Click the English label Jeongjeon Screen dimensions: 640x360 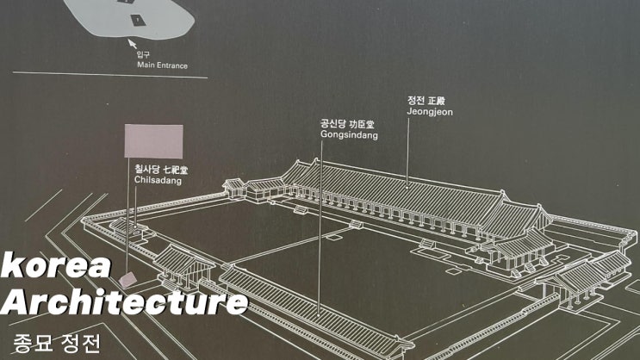(430, 112)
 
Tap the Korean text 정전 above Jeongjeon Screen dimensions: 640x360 (416, 101)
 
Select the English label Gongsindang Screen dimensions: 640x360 (349, 134)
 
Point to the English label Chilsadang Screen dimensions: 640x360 (158, 180)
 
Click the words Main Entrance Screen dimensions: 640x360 (163, 65)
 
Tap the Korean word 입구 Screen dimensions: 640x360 (143, 54)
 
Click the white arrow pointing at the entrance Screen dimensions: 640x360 (133, 43)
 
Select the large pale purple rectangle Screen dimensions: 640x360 (154, 141)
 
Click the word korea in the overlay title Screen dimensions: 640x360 (56, 265)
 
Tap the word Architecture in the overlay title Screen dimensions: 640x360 (125, 301)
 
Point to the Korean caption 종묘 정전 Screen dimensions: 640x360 (57, 344)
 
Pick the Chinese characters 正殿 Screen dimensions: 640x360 (437, 101)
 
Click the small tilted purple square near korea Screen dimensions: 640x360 (128, 280)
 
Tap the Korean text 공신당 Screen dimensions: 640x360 (331, 124)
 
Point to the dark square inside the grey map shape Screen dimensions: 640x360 (137, 19)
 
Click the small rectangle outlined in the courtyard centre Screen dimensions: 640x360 (333, 238)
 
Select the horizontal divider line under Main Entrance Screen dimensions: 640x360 (110, 75)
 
